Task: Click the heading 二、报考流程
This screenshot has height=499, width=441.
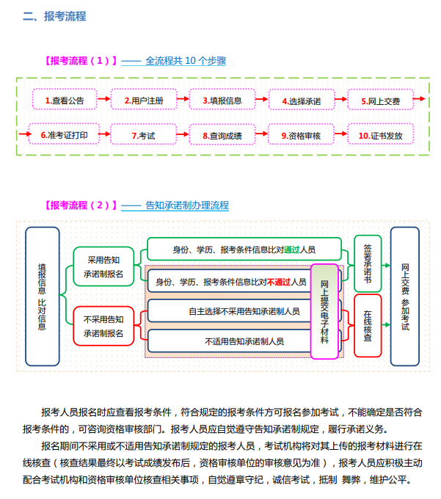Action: point(54,16)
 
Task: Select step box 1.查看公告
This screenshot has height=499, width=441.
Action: point(64,101)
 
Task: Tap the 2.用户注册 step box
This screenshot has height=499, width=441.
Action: point(143,101)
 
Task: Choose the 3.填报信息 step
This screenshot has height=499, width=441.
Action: point(222,101)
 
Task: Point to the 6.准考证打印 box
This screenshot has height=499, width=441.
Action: point(64,135)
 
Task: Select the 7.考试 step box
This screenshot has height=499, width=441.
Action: point(143,136)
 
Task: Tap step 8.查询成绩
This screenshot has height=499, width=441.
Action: point(222,136)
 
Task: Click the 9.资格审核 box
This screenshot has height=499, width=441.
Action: point(302,136)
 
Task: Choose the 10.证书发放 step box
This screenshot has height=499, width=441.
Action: point(380,136)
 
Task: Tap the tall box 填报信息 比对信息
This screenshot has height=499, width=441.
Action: point(42,296)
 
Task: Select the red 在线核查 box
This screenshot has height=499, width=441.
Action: point(368,326)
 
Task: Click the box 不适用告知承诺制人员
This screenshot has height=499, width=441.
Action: point(244,340)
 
